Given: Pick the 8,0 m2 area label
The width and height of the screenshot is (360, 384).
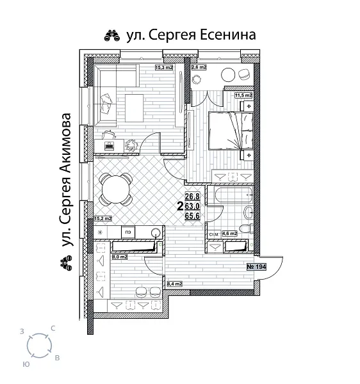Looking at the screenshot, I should point(120,256).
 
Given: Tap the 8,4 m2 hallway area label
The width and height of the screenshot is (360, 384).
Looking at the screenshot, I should point(174,283).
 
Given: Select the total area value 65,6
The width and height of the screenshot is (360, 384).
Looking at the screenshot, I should point(193,216).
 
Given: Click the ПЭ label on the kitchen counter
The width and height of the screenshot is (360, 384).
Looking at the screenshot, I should point(129,232).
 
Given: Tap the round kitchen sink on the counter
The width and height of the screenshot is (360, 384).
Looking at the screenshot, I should point(154,232).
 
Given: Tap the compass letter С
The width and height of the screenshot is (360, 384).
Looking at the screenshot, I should point(53,328).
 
